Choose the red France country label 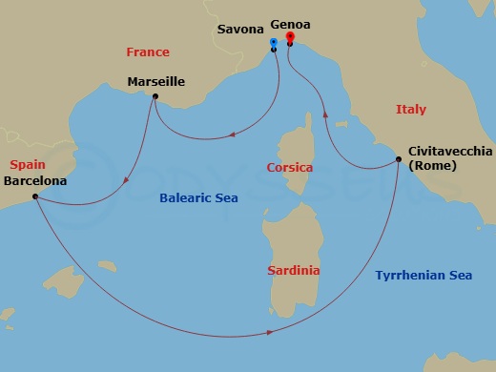[147, 52]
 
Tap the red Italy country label [411, 111]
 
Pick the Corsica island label [290, 168]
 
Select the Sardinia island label [292, 270]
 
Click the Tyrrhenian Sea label [424, 276]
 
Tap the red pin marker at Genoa [289, 39]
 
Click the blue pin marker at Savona [274, 43]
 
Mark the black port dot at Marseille [155, 96]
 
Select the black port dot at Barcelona [34, 196]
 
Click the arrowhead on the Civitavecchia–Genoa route [325, 113]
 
